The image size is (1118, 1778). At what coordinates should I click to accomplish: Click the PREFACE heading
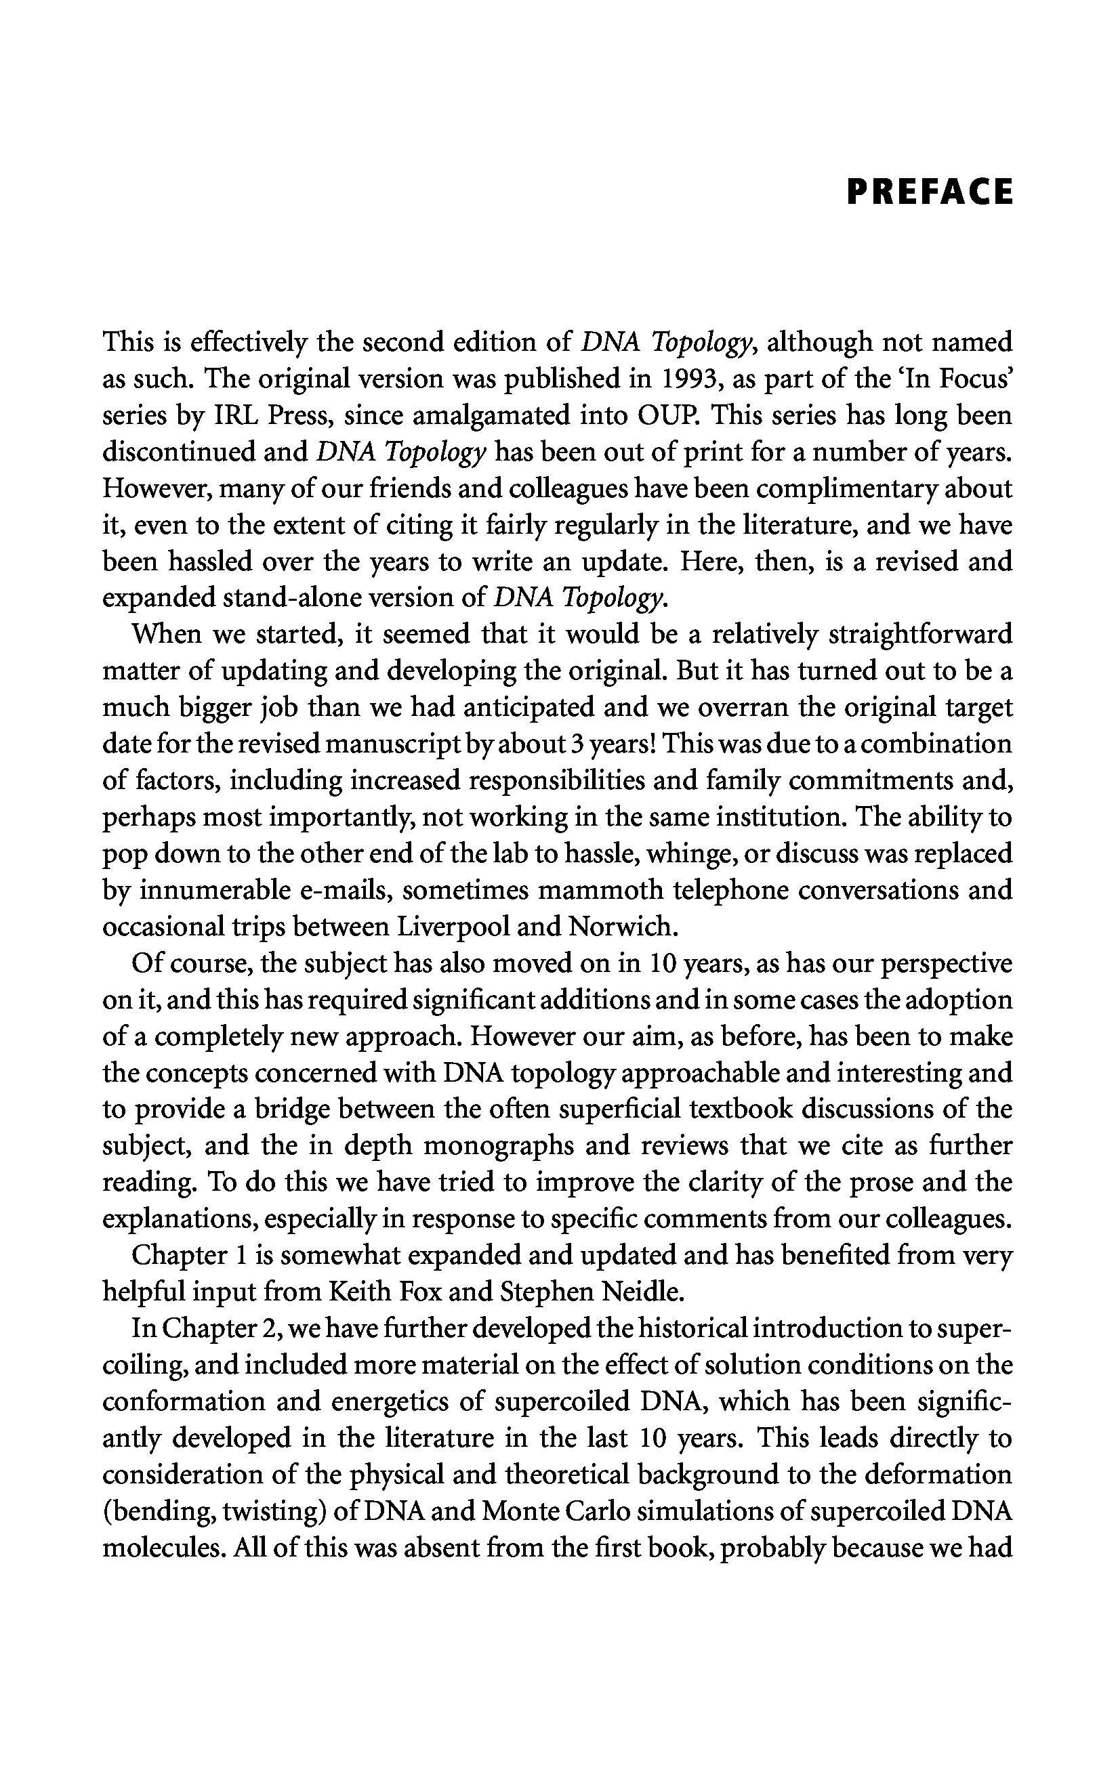[930, 191]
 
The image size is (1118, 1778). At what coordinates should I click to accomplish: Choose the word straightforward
[921, 634]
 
